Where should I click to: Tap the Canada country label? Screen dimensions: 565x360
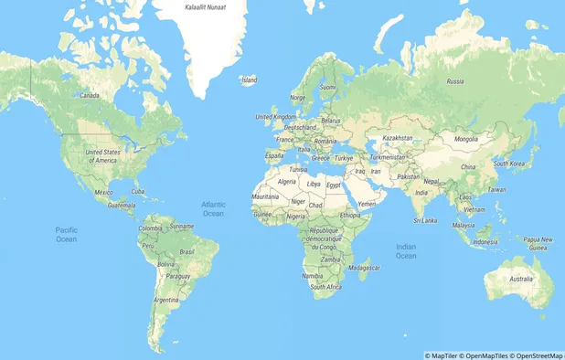point(90,95)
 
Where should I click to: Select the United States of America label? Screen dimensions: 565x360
point(102,155)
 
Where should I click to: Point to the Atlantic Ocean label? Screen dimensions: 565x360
point(213,208)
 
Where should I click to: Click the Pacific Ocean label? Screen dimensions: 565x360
point(66,234)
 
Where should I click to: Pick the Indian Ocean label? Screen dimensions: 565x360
point(406,250)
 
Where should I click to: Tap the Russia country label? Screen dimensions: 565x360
point(454,81)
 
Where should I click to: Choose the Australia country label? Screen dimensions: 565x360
point(520,279)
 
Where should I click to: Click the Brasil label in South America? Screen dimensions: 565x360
point(187,251)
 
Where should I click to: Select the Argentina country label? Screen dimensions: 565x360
point(166,300)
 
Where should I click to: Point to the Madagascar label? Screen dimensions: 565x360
point(364,267)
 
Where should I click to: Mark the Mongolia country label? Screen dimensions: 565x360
point(466,139)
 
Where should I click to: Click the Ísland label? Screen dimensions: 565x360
point(249,79)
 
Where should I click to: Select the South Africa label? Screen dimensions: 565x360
point(325,286)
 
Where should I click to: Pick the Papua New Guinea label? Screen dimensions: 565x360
point(539,242)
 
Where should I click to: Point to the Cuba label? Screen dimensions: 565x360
point(139,191)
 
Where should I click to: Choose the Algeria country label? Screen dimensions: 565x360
point(287,182)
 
